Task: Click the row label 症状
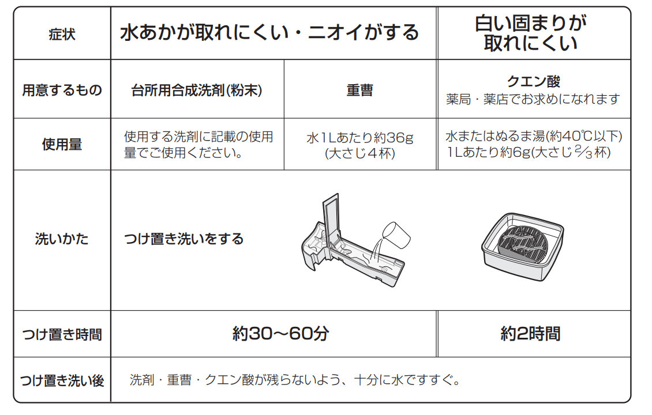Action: [62, 34]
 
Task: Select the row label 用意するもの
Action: [62, 90]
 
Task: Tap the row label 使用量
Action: [62, 144]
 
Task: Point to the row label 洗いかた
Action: [62, 239]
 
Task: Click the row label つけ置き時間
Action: [62, 334]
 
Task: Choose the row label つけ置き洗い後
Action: [62, 380]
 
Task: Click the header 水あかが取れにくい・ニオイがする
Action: [269, 32]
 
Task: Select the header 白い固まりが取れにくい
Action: [531, 33]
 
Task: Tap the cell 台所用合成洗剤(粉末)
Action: [197, 90]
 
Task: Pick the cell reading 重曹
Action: [360, 90]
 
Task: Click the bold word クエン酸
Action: [534, 81]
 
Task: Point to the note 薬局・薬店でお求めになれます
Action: [533, 99]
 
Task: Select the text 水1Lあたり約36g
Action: [360, 138]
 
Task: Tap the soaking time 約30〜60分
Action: [280, 334]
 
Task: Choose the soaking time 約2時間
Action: [531, 334]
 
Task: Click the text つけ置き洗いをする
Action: [184, 239]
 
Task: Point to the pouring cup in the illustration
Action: [396, 236]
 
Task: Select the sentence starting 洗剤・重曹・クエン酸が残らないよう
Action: [295, 380]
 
